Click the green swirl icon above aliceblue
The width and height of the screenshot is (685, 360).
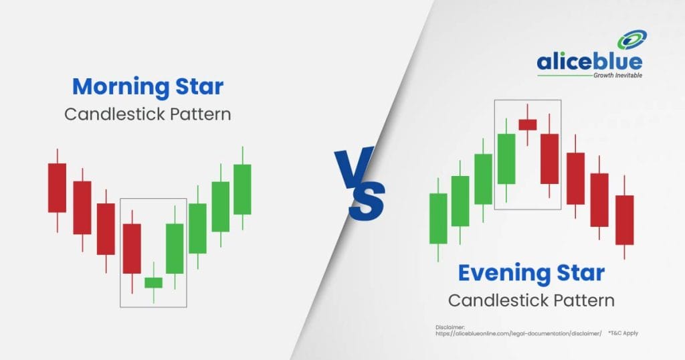pyautogui.click(x=631, y=40)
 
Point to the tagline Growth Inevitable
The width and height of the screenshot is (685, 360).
pyautogui.click(x=617, y=76)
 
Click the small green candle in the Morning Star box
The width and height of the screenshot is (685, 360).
pyautogui.click(x=153, y=282)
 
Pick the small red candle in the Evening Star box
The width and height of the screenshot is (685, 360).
pyautogui.click(x=528, y=124)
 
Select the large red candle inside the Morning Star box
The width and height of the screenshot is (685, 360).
pyautogui.click(x=132, y=249)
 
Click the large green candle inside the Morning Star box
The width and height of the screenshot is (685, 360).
pyautogui.click(x=175, y=249)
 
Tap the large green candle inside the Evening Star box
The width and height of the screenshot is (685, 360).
pyautogui.click(x=506, y=159)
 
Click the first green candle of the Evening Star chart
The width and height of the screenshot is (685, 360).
pyautogui.click(x=438, y=218)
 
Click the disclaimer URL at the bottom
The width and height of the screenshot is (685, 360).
pyautogui.click(x=518, y=333)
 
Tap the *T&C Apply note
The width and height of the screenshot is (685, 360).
pyautogui.click(x=623, y=333)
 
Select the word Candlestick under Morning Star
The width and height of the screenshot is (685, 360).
pyautogui.click(x=115, y=114)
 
